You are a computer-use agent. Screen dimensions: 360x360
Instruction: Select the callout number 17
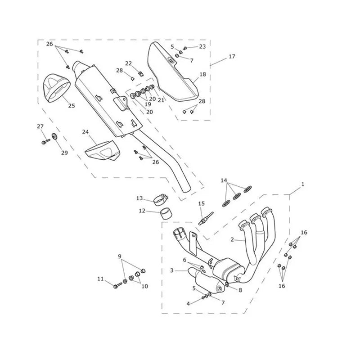(232, 56)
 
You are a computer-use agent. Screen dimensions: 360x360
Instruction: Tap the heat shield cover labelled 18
(173, 72)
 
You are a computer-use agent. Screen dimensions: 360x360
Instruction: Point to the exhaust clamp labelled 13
(161, 199)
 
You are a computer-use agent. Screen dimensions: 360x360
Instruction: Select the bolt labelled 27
(46, 141)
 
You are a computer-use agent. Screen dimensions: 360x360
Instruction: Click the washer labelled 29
(54, 136)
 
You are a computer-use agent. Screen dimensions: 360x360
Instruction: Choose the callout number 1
(303, 184)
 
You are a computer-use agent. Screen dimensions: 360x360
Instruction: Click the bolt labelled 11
(117, 285)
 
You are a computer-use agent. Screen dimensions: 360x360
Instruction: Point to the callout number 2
(232, 240)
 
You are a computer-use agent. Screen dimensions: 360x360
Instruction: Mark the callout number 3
(172, 271)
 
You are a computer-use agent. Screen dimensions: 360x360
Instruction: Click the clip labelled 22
(141, 74)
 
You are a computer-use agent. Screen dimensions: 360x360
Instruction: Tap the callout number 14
(224, 180)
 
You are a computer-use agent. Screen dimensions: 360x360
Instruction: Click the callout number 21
(161, 100)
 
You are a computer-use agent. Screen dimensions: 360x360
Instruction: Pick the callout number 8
(240, 290)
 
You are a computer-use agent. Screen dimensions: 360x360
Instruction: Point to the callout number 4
(188, 303)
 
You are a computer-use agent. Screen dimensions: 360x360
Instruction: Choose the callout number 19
(148, 104)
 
